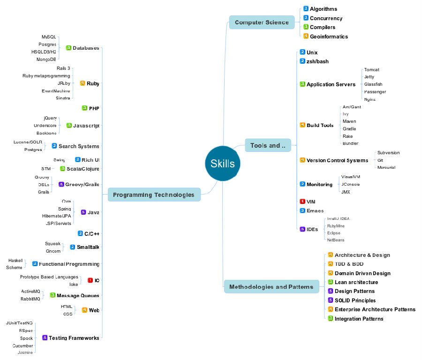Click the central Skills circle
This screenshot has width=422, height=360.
pyautogui.click(x=223, y=164)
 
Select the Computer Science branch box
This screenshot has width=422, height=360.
pyautogui.click(x=262, y=22)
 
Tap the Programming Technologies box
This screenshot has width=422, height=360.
pyautogui.click(x=154, y=195)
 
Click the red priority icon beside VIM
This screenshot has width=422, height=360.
pyautogui.click(x=302, y=202)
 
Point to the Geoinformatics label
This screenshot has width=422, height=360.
pyautogui.click(x=329, y=37)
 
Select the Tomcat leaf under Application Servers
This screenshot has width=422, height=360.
pyautogui.click(x=372, y=70)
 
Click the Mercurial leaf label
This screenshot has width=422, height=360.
pyautogui.click(x=386, y=167)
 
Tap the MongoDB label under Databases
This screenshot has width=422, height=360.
pyautogui.click(x=46, y=60)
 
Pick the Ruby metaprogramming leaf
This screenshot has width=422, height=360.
pyautogui.click(x=46, y=76)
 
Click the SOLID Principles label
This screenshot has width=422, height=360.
pyautogui.click(x=355, y=300)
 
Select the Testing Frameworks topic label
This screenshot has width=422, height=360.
pyautogui.click(x=74, y=338)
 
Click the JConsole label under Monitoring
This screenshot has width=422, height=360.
pyautogui.click(x=351, y=184)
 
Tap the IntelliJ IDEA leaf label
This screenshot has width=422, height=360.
pyautogui.click(x=338, y=219)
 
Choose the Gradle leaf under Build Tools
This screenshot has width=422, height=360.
pyautogui.click(x=349, y=129)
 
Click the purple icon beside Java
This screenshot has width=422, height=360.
pyautogui.click(x=83, y=212)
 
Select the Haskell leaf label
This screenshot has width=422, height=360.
pyautogui.click(x=15, y=260)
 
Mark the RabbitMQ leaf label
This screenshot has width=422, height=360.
pyautogui.click(x=30, y=299)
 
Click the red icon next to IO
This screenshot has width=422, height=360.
pyautogui.click(x=90, y=280)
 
